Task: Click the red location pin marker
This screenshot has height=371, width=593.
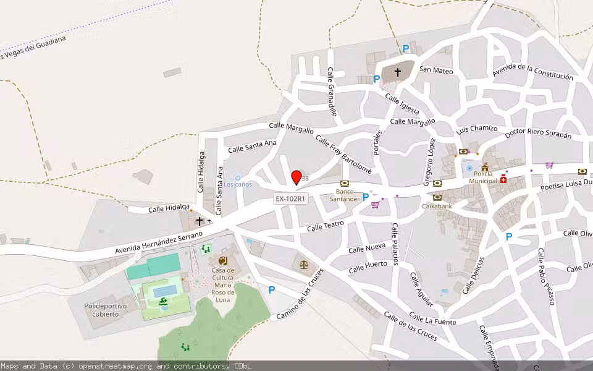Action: click(x=296, y=177)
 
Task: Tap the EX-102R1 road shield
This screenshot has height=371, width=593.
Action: click(x=290, y=198)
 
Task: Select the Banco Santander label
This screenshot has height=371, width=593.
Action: click(x=344, y=195)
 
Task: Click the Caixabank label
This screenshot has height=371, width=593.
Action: click(x=437, y=206)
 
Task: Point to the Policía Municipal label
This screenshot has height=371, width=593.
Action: click(x=482, y=177)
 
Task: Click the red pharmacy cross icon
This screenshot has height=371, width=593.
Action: click(x=504, y=179)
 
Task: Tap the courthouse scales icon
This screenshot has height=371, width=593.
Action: click(x=303, y=264)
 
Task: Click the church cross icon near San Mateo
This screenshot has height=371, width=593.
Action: click(x=397, y=72)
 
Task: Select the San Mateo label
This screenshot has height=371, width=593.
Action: click(x=436, y=70)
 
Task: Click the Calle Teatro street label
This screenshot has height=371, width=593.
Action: click(x=325, y=227)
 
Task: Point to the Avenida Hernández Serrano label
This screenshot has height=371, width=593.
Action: click(x=159, y=243)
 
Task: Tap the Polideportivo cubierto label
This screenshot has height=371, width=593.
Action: click(x=106, y=310)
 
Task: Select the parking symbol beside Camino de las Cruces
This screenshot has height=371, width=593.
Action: click(x=271, y=289)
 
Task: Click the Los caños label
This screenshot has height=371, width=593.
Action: click(x=238, y=184)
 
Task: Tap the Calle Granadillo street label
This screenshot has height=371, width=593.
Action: click(x=332, y=92)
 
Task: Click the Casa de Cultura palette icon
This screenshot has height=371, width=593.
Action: click(x=222, y=262)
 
